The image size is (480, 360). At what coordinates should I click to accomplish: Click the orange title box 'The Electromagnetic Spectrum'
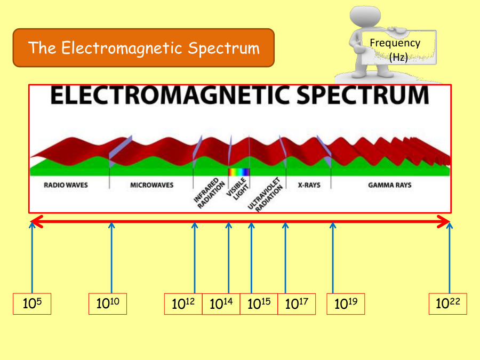pyautogui.click(x=143, y=48)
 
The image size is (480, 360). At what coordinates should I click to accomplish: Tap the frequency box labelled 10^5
pyautogui.click(x=32, y=304)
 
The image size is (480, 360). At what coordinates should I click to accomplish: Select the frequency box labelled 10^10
pyautogui.click(x=108, y=304)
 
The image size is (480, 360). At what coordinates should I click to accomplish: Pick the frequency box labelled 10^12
pyautogui.click(x=183, y=304)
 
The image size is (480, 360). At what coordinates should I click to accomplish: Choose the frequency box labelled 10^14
pyautogui.click(x=221, y=304)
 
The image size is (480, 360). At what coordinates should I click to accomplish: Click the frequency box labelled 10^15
pyautogui.click(x=259, y=304)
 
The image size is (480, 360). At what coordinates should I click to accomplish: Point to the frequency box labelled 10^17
pyautogui.click(x=297, y=304)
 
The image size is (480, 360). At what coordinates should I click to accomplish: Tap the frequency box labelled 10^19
pyautogui.click(x=346, y=304)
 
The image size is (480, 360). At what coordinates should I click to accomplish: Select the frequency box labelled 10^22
pyautogui.click(x=447, y=304)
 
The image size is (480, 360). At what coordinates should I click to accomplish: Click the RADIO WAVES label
pyautogui.click(x=66, y=186)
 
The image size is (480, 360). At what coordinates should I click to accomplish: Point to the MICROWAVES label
pyautogui.click(x=151, y=186)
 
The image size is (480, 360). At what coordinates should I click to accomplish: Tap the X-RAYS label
pyautogui.click(x=308, y=186)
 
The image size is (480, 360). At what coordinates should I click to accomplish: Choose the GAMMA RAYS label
pyautogui.click(x=389, y=186)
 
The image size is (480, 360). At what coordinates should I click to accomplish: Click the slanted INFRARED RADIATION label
pyautogui.click(x=205, y=193)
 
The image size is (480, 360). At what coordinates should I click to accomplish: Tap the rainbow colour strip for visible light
pyautogui.click(x=238, y=172)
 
